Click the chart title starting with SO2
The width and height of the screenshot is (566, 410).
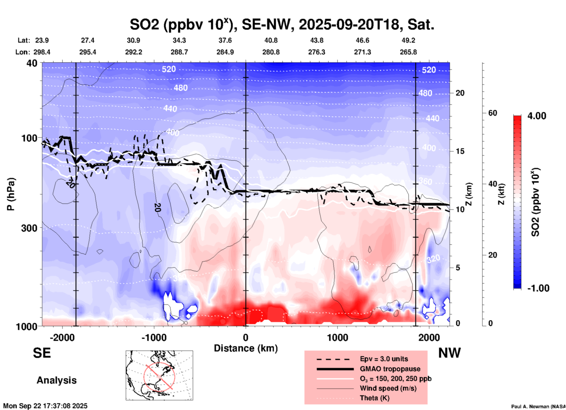tap(282, 25)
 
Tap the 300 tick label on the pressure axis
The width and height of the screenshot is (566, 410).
tap(29, 228)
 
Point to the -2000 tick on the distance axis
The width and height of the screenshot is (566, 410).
tap(62, 337)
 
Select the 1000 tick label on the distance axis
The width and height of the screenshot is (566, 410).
tap(337, 337)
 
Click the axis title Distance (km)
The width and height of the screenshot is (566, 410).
tap(246, 348)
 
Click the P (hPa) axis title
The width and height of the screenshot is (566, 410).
tap(11, 194)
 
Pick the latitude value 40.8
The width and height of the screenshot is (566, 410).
tap(271, 40)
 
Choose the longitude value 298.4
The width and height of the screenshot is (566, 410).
tap(42, 52)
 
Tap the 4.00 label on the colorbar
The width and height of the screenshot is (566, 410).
tap(537, 116)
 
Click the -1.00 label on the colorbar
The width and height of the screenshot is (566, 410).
tap(538, 288)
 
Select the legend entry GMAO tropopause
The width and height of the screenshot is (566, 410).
tap(390, 369)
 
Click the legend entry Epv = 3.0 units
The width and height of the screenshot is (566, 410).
tap(384, 359)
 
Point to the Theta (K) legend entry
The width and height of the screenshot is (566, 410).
tap(374, 398)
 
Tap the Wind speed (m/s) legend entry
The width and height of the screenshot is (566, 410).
tap(388, 388)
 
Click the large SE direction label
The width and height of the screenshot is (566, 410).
tap(42, 353)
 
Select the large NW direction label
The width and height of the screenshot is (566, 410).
tap(449, 353)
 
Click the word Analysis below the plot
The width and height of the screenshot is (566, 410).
tap(56, 380)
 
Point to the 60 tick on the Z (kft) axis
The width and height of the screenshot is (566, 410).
tap(493, 113)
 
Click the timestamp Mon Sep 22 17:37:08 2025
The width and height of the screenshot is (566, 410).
tap(45, 406)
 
